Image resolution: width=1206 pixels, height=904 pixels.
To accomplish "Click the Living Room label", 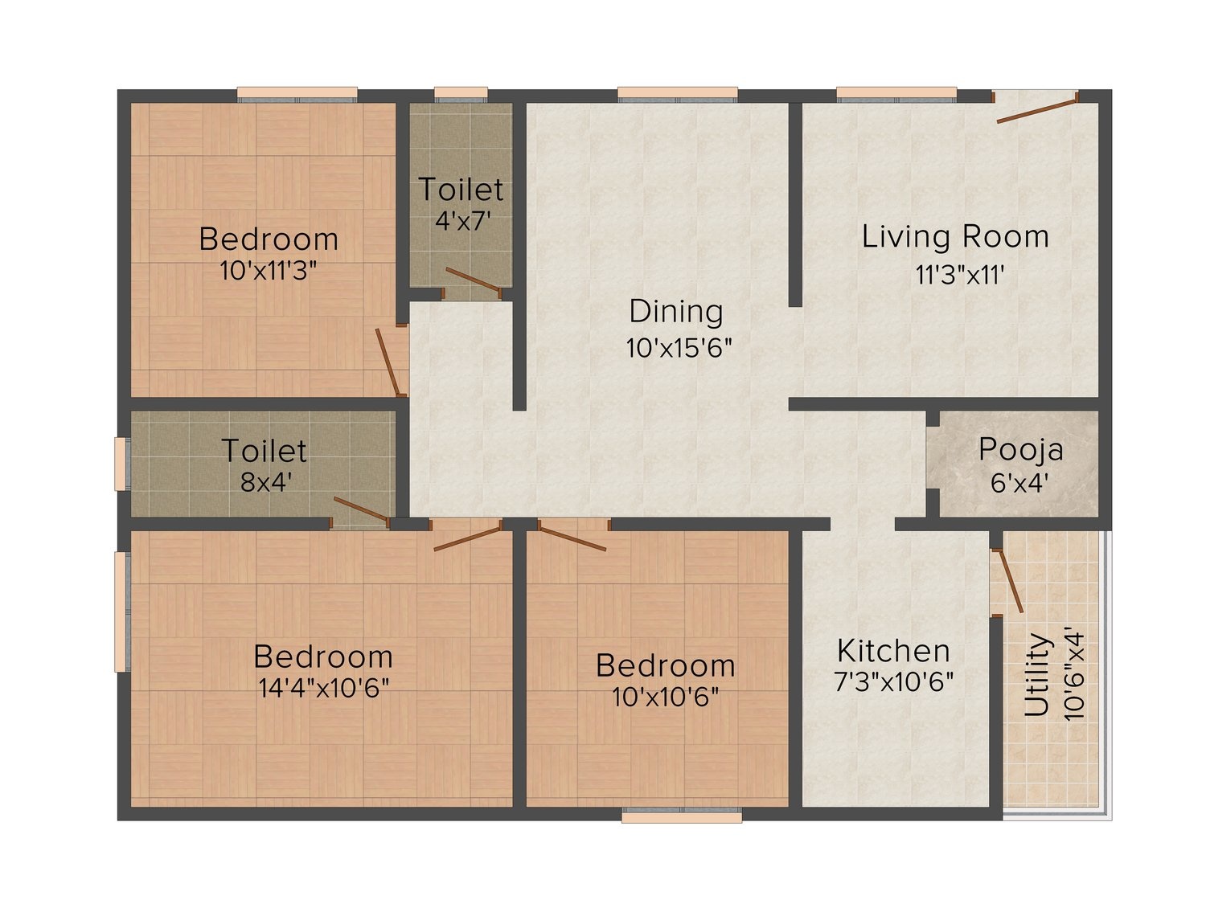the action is point(955,237).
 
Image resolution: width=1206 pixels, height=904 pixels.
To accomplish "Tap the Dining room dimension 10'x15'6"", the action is point(679,348).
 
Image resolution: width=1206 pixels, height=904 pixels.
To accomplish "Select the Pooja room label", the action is point(1021,451).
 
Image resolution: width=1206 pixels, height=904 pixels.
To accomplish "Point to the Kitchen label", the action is point(893,651).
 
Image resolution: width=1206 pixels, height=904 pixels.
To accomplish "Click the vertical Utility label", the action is point(1037,674).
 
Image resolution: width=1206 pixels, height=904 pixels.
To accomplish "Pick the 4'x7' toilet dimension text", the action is point(462,221).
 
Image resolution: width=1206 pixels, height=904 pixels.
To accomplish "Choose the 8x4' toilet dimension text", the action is point(265,482).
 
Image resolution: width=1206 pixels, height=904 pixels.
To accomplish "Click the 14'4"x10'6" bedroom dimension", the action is point(324,688).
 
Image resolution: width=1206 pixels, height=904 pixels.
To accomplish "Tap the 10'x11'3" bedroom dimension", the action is point(269,271).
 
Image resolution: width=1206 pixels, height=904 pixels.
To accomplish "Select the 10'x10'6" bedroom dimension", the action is point(666,697).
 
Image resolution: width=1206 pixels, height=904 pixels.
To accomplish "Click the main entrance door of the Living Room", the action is point(1036,108).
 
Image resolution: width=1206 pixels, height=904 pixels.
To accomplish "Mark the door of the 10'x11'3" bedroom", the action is point(388,362).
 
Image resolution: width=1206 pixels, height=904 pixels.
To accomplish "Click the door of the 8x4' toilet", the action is point(362,509).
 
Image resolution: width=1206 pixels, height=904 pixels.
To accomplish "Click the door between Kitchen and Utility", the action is point(1010,581).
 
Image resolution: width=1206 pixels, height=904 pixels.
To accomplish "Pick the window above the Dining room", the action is point(678,94).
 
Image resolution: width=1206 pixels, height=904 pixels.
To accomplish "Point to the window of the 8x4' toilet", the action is point(121,464).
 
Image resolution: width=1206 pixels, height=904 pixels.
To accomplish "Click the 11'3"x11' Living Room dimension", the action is point(960,275).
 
